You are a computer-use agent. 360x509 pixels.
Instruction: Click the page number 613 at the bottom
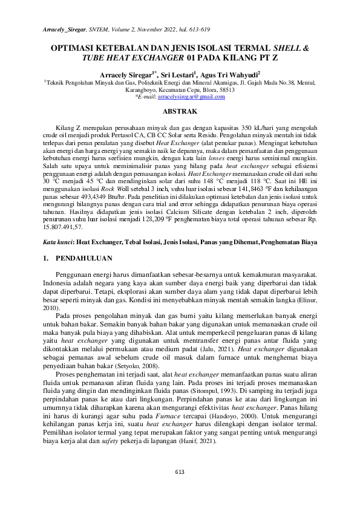tap(180, 488)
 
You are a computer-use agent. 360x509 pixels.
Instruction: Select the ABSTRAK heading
tap(180, 111)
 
